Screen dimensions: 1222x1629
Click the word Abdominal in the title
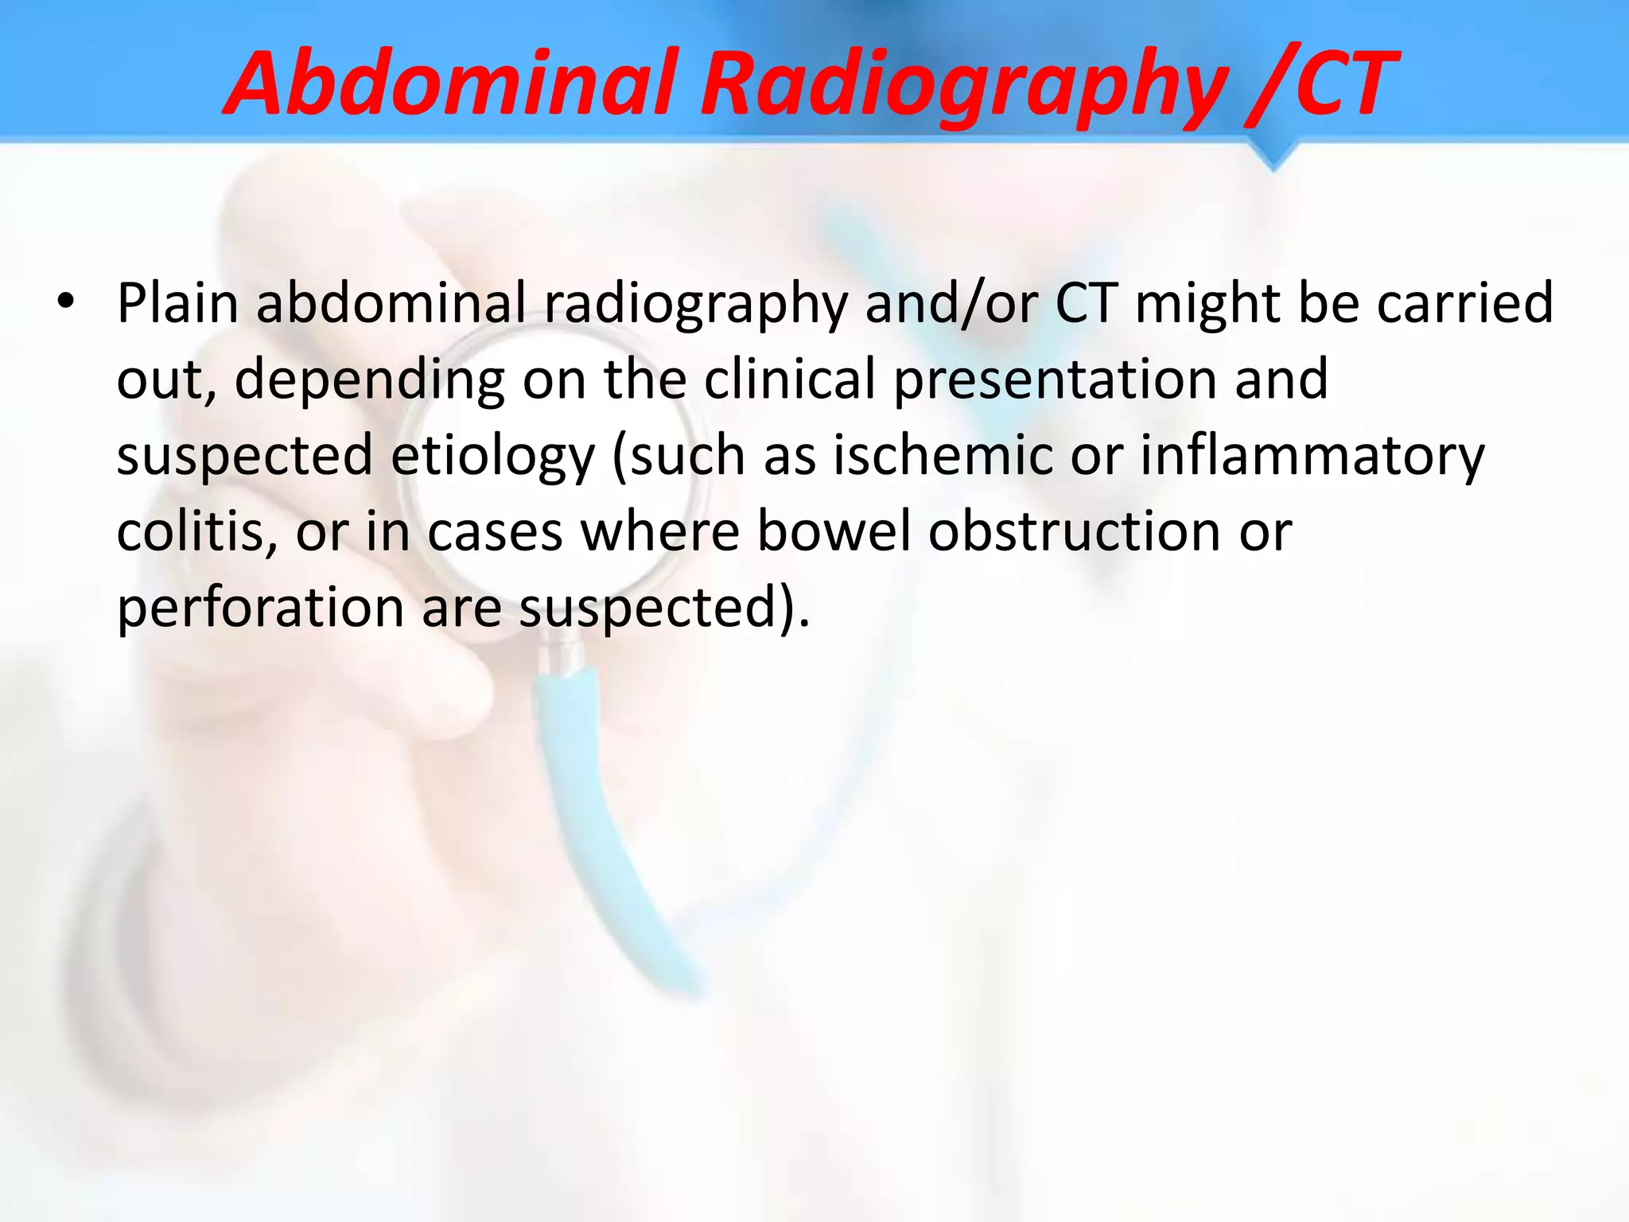(x=453, y=84)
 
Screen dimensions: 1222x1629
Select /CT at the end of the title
(x=1320, y=84)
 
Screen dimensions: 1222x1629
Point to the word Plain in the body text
(x=177, y=303)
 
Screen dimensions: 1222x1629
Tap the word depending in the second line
(x=369, y=379)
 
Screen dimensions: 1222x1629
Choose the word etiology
(x=492, y=455)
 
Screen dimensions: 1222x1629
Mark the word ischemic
(x=943, y=455)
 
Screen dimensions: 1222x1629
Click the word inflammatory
(x=1312, y=455)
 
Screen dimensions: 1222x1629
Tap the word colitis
(x=197, y=531)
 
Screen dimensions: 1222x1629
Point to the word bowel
(x=834, y=531)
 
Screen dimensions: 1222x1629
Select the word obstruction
(x=1075, y=531)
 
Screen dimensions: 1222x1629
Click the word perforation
(x=261, y=607)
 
